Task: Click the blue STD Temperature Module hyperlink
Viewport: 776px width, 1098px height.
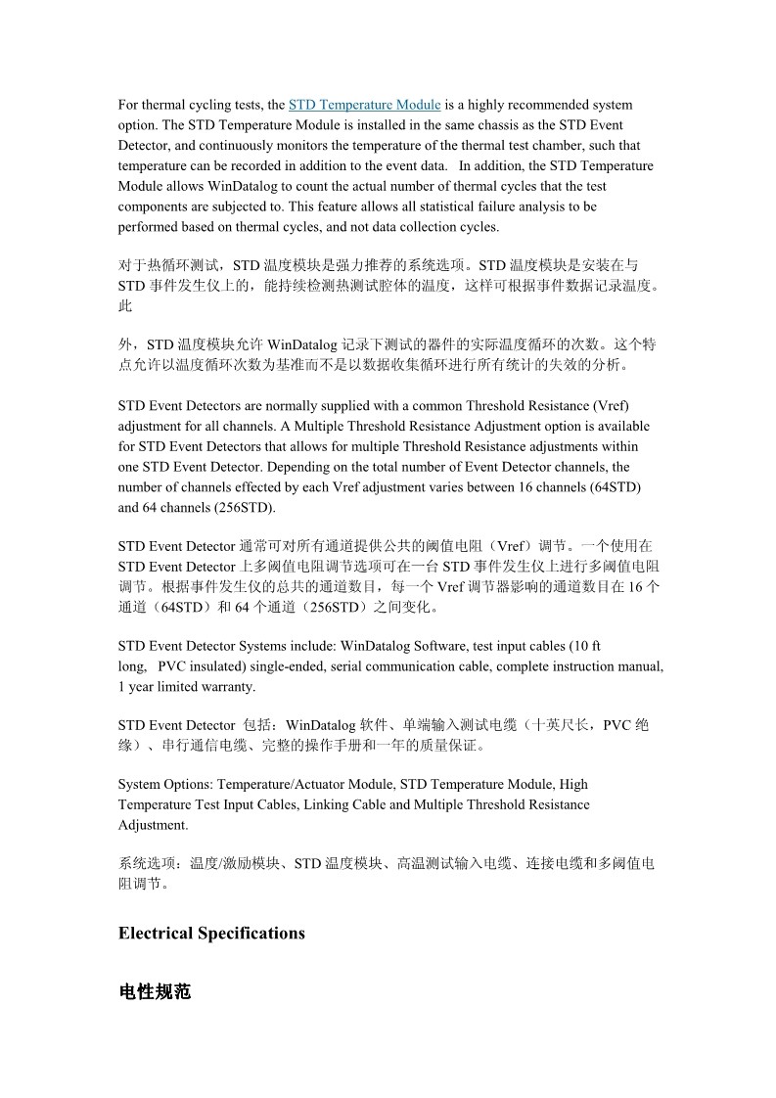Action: [364, 105]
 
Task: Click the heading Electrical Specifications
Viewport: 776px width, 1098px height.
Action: [211, 933]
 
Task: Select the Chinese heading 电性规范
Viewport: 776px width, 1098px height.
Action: [155, 991]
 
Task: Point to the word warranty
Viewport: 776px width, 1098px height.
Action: [226, 687]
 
